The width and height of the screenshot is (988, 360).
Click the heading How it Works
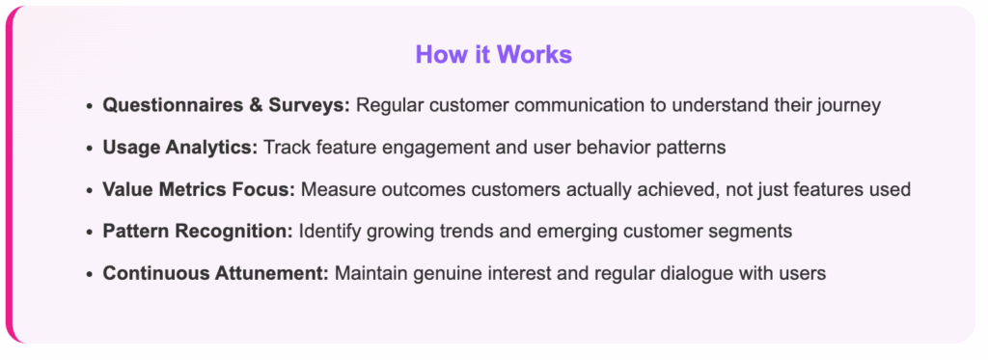pos(493,55)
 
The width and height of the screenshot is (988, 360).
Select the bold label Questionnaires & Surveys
pos(226,105)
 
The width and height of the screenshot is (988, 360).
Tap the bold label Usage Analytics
pos(180,148)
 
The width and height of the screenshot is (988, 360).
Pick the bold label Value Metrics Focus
pos(199,190)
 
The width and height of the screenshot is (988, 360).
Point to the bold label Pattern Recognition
pos(198,232)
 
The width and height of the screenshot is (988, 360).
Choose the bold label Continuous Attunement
pos(215,274)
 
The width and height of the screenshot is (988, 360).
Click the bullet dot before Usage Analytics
pos(90,149)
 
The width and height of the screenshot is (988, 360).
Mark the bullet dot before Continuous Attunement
pos(90,274)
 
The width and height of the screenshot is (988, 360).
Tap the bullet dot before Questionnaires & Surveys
pos(90,106)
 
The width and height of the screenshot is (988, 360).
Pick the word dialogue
pos(712,274)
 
